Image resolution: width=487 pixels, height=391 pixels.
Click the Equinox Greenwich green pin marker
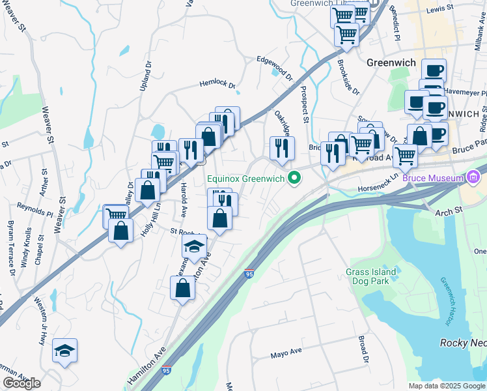[x=295, y=177]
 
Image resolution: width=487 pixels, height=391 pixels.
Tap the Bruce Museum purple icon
[x=473, y=177]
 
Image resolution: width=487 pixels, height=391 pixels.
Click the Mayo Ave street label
[x=286, y=353]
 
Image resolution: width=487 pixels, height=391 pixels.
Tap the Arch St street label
[x=448, y=210]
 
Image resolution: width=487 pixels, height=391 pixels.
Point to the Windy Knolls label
[x=27, y=247]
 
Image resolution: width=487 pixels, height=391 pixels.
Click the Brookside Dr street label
[x=348, y=78]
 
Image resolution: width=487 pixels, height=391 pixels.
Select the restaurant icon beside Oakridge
[x=282, y=148]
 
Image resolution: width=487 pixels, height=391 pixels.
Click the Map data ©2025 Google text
[x=446, y=386]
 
